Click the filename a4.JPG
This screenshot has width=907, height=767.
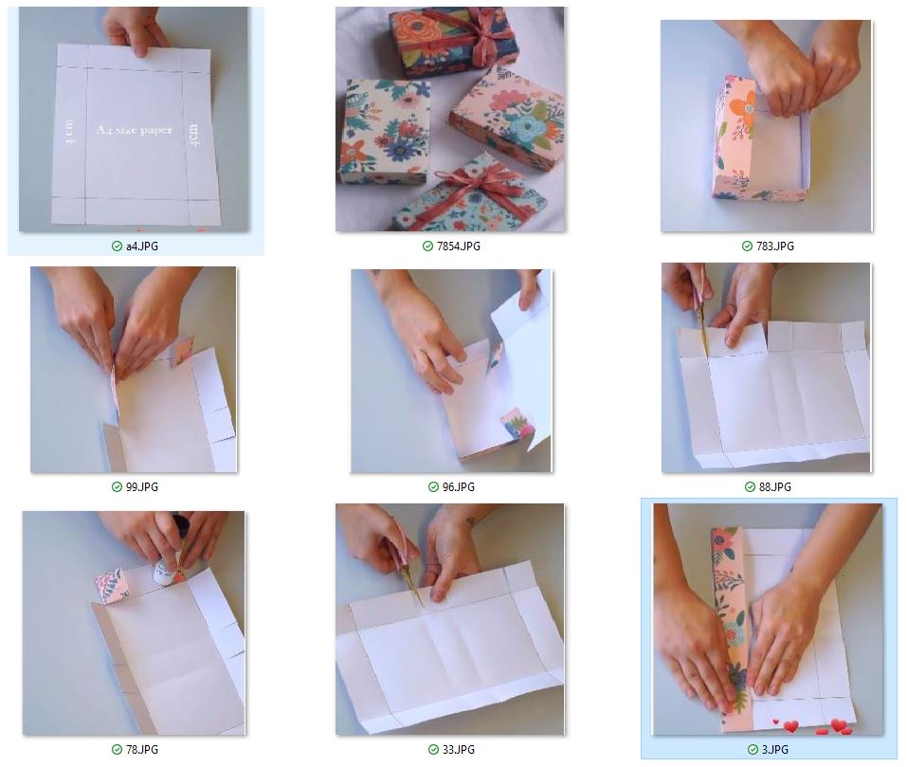tap(142, 247)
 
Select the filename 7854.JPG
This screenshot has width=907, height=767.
tap(458, 247)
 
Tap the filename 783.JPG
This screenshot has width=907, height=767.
tap(774, 247)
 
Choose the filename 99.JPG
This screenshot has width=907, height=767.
tap(142, 487)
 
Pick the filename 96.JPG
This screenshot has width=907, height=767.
tap(458, 487)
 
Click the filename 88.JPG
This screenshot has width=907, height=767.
tap(774, 487)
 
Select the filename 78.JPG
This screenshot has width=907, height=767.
tap(142, 750)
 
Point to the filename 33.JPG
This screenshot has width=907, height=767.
tap(458, 750)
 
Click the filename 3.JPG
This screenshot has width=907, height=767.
tap(774, 750)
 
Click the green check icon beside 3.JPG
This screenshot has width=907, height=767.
tap(753, 750)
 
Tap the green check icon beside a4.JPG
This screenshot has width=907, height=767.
tap(117, 247)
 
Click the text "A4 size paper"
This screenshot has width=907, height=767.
tap(135, 130)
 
